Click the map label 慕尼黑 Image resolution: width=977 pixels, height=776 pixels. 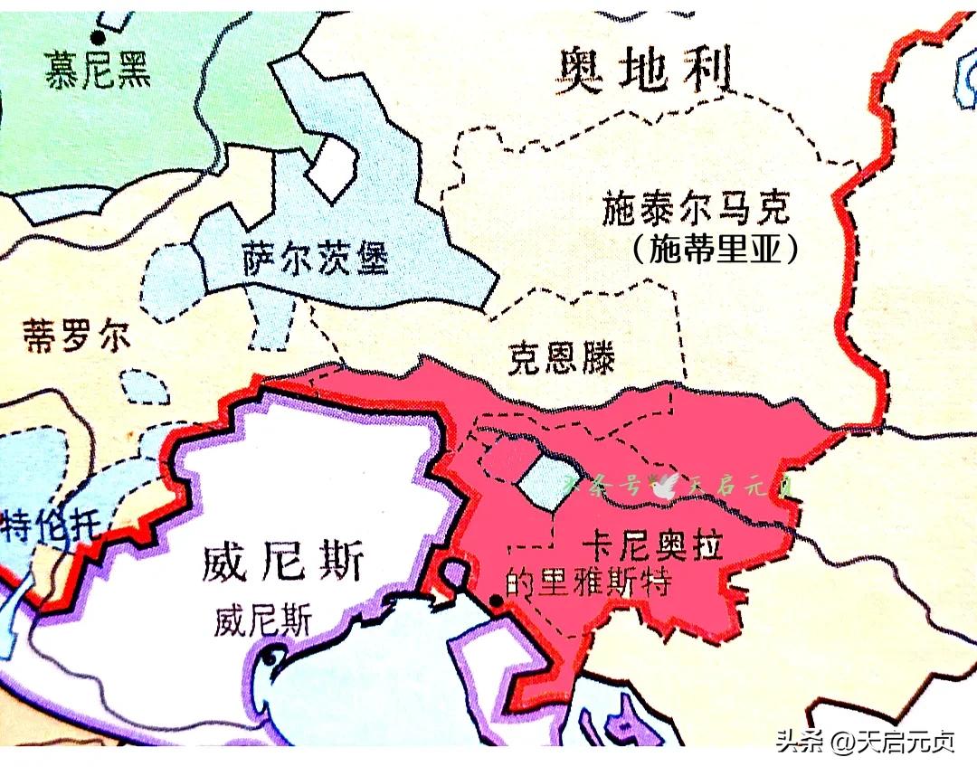tap(97, 71)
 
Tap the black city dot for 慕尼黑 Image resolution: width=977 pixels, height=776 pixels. tap(96, 37)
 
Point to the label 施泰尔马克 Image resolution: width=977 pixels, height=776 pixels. tap(695, 209)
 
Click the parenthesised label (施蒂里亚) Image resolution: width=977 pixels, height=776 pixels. tap(716, 249)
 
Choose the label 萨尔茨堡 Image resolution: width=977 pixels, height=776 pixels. tap(316, 260)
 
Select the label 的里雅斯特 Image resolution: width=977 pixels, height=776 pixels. tap(588, 583)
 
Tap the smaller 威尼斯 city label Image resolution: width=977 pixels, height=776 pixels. tap(263, 621)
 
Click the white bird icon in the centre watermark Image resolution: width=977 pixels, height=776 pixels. tap(667, 486)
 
